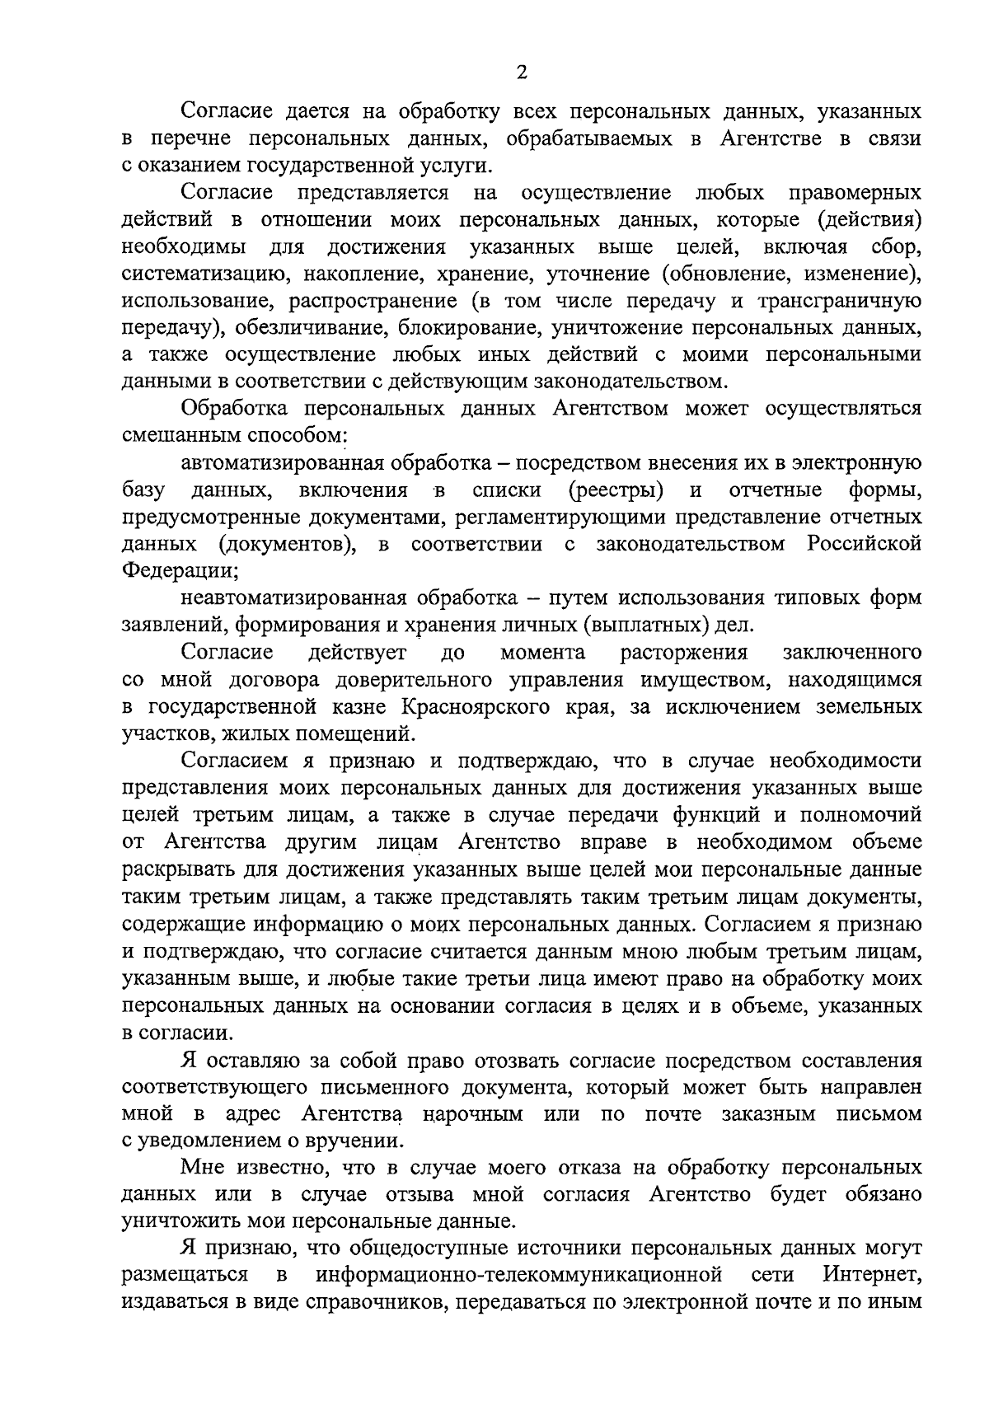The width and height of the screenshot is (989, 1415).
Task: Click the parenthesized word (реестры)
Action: [616, 491]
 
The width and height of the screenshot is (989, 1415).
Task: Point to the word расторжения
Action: [683, 654]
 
